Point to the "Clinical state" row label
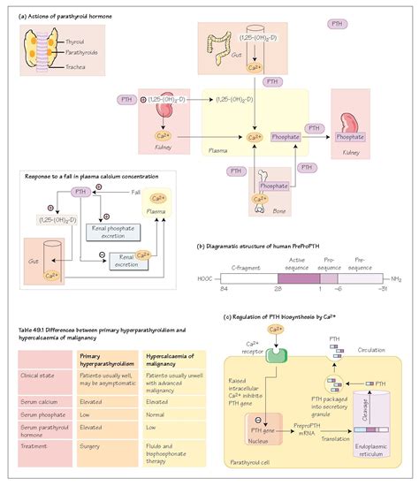38,375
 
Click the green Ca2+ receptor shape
252,354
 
